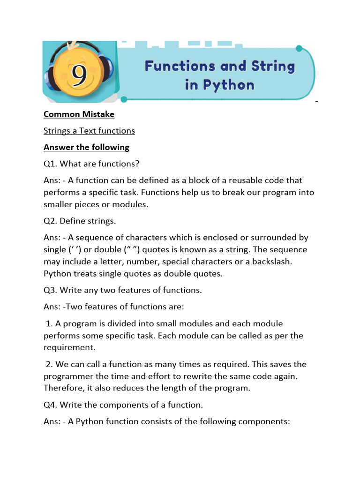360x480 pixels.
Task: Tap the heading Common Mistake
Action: pos(79,114)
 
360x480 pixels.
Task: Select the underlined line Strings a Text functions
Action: pos(89,131)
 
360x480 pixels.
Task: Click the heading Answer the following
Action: pos(86,147)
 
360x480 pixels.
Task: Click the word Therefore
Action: pos(65,388)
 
